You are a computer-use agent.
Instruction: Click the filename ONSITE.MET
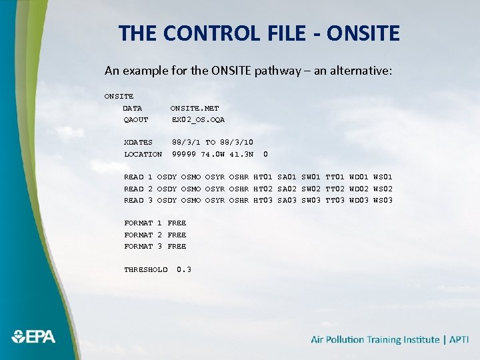click(195, 108)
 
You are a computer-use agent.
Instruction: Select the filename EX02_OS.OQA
click(199, 120)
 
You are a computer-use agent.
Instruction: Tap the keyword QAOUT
click(136, 120)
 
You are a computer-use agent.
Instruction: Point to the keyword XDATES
click(138, 142)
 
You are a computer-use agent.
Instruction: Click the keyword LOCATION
click(143, 154)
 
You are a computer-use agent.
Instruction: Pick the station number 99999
click(184, 154)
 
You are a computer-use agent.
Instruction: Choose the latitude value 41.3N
click(241, 154)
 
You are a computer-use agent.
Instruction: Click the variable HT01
click(263, 177)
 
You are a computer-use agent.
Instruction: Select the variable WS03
click(383, 200)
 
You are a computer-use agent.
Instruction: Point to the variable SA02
click(287, 189)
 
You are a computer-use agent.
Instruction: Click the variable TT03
click(335, 200)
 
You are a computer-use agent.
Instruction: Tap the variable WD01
click(359, 177)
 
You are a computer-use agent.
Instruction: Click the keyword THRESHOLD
click(146, 269)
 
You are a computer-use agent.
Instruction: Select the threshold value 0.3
click(184, 269)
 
